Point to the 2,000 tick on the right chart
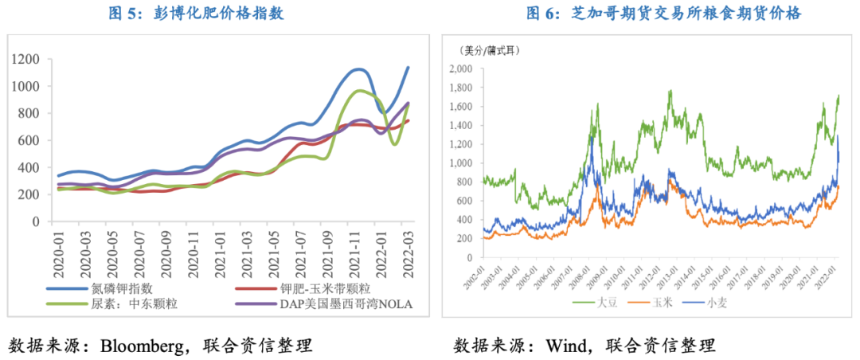[462, 68]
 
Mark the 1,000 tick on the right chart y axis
[462, 163]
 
